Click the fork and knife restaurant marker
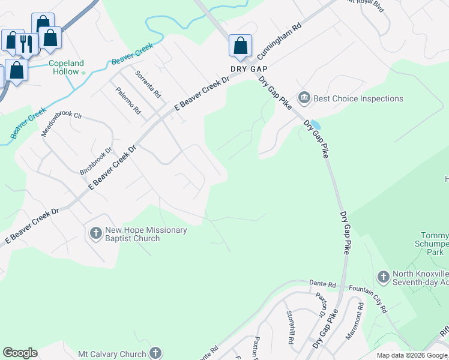(26, 43)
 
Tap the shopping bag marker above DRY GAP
(240, 45)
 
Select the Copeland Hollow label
(66, 67)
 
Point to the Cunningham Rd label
(279, 41)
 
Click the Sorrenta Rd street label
(148, 85)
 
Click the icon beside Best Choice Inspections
(304, 98)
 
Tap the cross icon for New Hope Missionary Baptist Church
(95, 233)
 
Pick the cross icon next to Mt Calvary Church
(155, 353)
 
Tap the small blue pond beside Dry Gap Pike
(315, 125)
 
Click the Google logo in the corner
(20, 353)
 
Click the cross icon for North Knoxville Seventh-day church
(384, 277)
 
